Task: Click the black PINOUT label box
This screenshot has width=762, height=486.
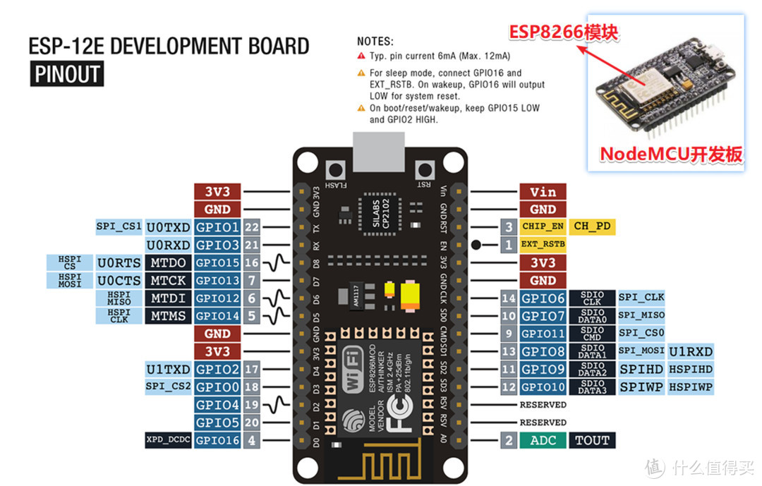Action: (x=67, y=74)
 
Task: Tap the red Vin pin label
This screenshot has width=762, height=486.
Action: (x=543, y=192)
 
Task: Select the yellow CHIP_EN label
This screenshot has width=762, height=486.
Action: (x=543, y=227)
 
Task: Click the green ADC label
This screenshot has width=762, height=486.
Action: (x=543, y=440)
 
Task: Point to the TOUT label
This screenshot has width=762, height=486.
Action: (x=591, y=440)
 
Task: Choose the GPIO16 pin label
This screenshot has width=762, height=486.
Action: (x=217, y=440)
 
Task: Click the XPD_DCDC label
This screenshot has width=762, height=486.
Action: (x=167, y=440)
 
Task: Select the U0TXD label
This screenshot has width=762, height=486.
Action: (x=168, y=227)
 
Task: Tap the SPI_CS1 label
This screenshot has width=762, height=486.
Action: (x=119, y=226)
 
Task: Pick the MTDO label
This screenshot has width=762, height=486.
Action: (x=168, y=263)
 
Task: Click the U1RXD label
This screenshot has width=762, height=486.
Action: (x=691, y=351)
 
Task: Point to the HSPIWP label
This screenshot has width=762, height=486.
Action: (x=691, y=387)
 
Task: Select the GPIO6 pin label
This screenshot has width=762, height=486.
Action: (x=543, y=298)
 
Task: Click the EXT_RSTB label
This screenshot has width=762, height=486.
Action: (x=543, y=245)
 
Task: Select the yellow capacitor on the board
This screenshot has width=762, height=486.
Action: (x=410, y=296)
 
